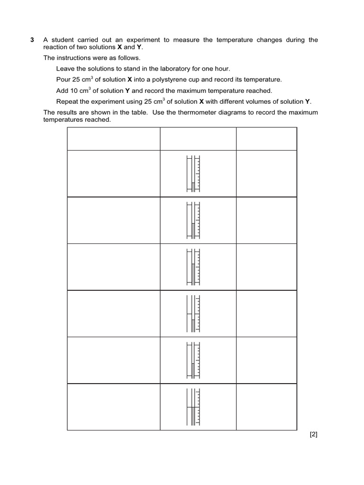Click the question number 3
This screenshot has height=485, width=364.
click(32, 40)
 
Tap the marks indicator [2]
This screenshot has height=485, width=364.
click(313, 434)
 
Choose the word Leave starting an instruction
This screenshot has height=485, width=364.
click(65, 69)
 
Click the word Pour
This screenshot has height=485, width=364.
click(64, 80)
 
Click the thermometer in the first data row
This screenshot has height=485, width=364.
click(193, 173)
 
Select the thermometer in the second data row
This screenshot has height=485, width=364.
click(193, 220)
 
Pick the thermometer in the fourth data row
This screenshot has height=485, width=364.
click(193, 313)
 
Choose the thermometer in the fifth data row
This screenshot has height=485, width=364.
click(193, 360)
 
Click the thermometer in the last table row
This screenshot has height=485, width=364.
click(193, 406)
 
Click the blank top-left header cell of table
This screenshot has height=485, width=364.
click(114, 138)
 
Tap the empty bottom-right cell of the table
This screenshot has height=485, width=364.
click(266, 406)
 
